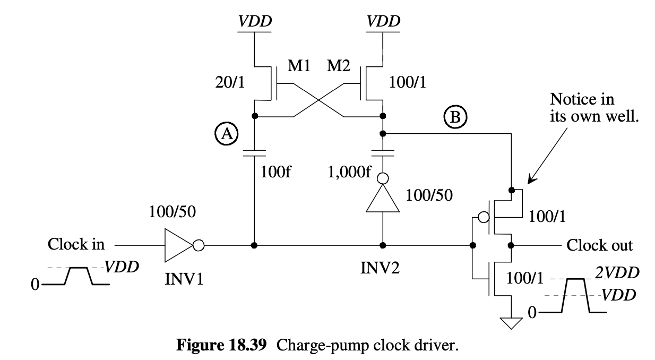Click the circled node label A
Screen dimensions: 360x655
pos(227,135)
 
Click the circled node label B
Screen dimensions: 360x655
pos(455,117)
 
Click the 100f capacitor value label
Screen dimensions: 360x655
pos(275,172)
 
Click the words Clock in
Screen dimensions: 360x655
pos(76,245)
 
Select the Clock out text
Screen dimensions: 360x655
pos(600,245)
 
